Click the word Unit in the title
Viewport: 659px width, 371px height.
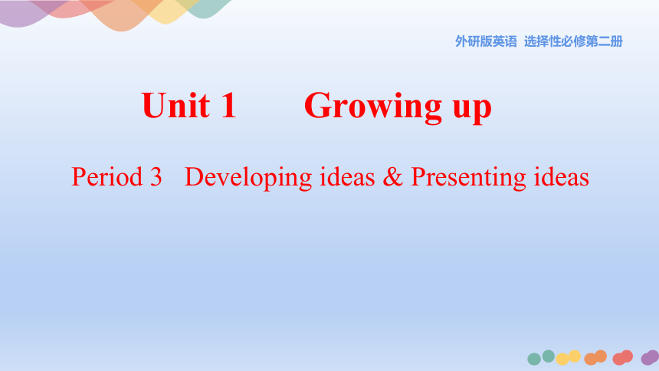pos(175,105)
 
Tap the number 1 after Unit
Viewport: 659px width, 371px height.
pos(228,105)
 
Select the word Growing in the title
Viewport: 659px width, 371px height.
pos(372,107)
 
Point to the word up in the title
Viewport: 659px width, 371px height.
pos(472,110)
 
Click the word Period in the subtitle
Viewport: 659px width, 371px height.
pos(107,176)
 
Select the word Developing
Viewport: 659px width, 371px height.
pos(248,178)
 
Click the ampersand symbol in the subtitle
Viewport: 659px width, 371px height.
pos(392,176)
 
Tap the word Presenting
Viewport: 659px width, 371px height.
pos(468,178)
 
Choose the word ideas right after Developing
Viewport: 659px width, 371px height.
pos(347,176)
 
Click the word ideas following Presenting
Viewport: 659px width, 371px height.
pos(562,176)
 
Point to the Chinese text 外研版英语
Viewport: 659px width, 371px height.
pos(486,41)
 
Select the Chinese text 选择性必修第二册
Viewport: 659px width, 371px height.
pos(573,41)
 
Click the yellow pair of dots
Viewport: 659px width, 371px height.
pos(568,357)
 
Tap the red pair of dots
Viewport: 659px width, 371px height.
pos(622,357)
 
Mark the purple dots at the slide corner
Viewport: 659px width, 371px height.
pos(650,357)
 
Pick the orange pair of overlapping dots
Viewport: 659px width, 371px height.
pos(595,357)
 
